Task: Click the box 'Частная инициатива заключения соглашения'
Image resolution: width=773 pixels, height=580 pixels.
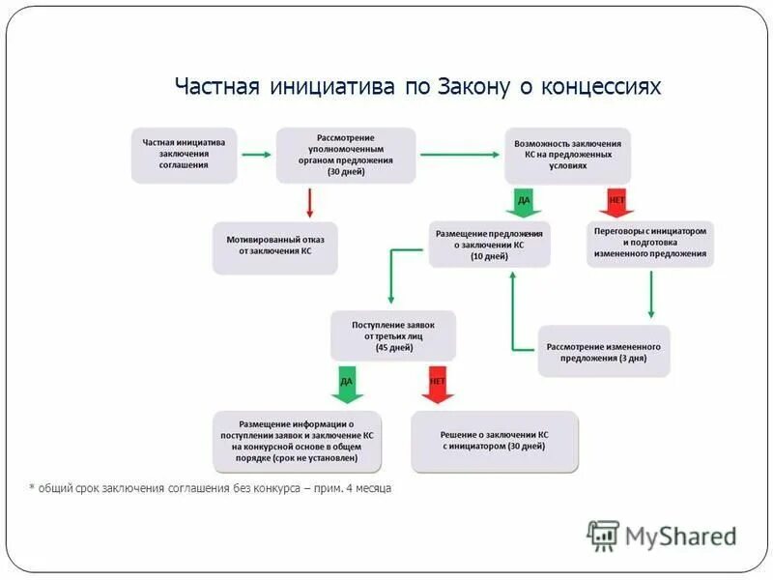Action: [184, 155]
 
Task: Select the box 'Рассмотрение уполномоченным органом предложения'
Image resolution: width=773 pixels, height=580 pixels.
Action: [346, 155]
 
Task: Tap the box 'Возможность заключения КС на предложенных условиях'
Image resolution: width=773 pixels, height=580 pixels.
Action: [567, 155]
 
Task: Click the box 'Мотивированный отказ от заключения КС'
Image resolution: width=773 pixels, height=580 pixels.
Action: [275, 247]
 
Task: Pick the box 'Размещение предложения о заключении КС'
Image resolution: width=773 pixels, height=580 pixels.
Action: [490, 245]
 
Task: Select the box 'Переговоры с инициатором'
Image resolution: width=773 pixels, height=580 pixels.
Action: [650, 244]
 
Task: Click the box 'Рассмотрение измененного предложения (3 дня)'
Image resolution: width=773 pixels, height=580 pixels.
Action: [604, 351]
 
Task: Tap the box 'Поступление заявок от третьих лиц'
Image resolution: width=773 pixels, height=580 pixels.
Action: [392, 335]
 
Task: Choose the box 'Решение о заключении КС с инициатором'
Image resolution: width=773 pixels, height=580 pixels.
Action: [495, 441]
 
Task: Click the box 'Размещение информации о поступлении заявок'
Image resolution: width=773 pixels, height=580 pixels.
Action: [297, 441]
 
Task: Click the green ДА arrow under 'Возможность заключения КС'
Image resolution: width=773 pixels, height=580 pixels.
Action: [524, 202]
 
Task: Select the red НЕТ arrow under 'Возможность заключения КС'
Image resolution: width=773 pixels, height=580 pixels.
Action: [616, 202]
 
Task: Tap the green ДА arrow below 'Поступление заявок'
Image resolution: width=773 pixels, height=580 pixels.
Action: [347, 384]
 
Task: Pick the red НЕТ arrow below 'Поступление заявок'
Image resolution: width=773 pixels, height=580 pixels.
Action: [437, 384]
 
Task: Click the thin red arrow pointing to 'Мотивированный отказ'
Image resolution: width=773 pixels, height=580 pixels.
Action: [309, 202]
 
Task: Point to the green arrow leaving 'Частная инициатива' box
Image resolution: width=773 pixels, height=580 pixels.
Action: [256, 154]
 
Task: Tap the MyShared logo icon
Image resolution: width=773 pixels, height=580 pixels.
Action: [603, 536]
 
